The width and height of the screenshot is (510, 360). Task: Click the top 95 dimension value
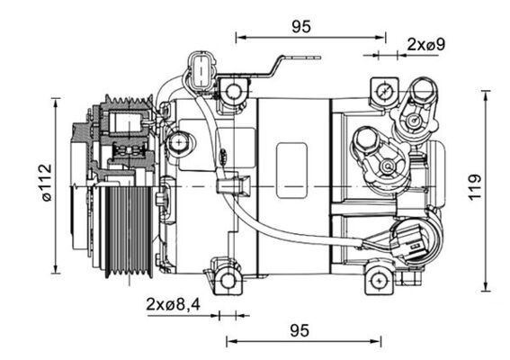301,26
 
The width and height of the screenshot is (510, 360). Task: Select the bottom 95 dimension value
300,330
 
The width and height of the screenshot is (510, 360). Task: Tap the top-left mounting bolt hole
235,91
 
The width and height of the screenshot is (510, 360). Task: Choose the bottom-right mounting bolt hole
380,280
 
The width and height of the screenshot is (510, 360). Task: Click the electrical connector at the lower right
412,241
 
